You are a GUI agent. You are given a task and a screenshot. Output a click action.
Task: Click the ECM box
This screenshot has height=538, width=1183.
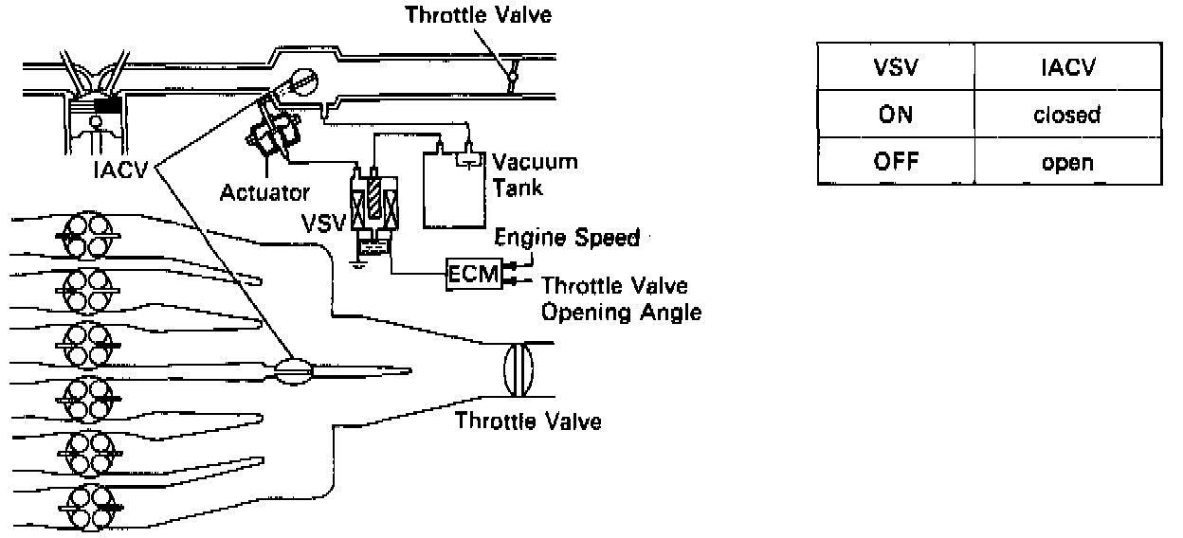(x=468, y=275)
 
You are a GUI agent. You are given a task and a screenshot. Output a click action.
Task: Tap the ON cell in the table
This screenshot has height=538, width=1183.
(x=890, y=116)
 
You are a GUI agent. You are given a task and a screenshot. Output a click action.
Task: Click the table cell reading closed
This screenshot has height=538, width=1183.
(x=1066, y=116)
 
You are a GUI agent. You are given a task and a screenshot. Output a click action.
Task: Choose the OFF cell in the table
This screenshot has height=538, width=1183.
(x=890, y=162)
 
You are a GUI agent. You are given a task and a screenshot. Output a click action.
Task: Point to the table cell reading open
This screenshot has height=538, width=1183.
(x=1066, y=162)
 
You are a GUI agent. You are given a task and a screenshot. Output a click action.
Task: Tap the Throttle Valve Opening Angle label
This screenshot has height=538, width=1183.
(x=621, y=297)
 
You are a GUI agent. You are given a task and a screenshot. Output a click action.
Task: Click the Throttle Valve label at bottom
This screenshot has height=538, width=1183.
(x=528, y=420)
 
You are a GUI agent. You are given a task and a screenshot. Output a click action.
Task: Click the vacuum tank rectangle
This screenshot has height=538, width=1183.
(x=457, y=189)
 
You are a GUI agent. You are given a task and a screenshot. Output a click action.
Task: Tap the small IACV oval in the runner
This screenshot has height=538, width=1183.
(x=297, y=370)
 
